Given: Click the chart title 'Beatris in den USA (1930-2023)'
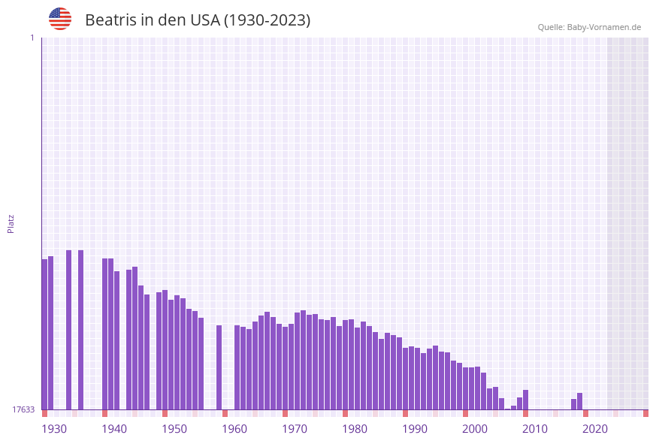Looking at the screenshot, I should coord(198,20).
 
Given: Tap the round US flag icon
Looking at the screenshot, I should coord(60,19).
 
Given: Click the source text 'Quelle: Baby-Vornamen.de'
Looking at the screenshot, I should coord(589,27).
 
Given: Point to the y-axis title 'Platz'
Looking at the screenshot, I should coord(11,223).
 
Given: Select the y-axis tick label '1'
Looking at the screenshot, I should coord(32,38).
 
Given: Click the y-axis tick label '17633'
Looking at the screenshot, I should coord(23,409).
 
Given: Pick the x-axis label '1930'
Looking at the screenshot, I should coord(54,429).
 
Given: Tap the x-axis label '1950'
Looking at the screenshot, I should coord(174,429).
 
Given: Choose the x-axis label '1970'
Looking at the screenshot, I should coord(295,429).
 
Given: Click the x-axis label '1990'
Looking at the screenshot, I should coord(415,429).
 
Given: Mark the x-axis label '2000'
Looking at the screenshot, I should coord(475,429).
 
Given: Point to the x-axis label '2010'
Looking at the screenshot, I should coord(535,429).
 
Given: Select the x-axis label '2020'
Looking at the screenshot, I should coord(595,429).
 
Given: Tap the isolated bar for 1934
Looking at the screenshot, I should coord(68,330).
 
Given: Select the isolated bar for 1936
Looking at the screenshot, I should coord(80,330).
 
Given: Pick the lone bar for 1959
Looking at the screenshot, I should coord(219,367).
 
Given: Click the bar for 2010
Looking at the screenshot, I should coord(525,400).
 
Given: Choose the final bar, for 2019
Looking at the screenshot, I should coord(579,401).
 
